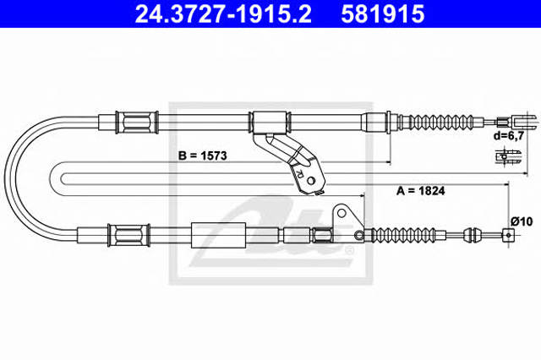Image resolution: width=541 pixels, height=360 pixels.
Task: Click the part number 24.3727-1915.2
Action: coord(223,14)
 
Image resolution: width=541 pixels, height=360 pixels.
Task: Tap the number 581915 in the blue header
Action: coord(382,14)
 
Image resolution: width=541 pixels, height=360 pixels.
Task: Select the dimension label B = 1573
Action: coord(203,155)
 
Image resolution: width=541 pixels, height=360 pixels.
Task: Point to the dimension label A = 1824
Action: coord(421,190)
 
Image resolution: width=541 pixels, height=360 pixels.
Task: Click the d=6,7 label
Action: coord(509,135)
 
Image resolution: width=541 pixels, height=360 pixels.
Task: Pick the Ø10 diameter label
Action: coord(522,221)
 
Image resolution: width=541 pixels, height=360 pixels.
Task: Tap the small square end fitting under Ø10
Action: coord(509,235)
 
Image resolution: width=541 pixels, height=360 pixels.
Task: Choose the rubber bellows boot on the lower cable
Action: coord(402,235)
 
